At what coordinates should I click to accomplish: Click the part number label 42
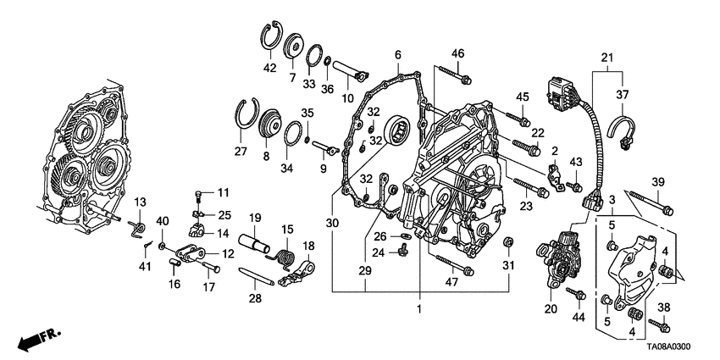(x=269, y=68)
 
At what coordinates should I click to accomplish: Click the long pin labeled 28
(x=257, y=276)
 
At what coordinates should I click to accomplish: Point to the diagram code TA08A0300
(x=668, y=347)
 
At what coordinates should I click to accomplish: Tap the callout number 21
(x=607, y=58)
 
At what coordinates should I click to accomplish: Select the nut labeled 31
(x=508, y=242)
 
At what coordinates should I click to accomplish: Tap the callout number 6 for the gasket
(x=397, y=55)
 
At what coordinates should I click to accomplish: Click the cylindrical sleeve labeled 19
(x=254, y=244)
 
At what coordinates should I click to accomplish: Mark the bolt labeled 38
(x=659, y=326)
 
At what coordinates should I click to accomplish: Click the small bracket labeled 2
(x=556, y=176)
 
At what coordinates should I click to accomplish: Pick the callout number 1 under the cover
(x=418, y=309)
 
